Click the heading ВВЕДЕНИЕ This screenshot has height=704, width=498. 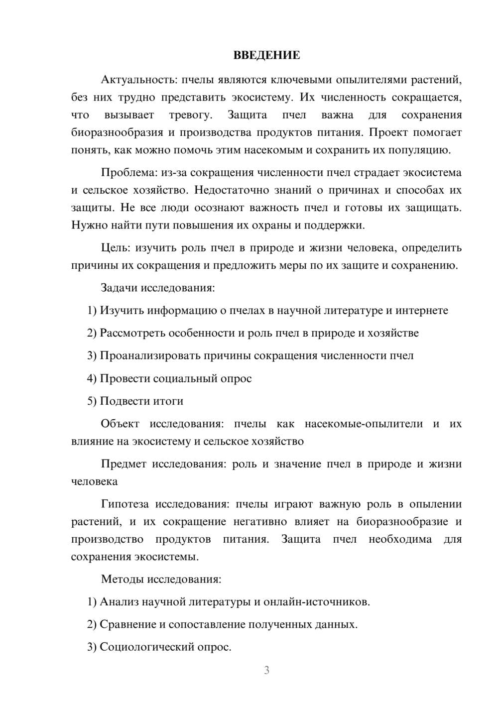click(x=266, y=55)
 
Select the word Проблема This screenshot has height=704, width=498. click(x=128, y=173)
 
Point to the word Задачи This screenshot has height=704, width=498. click(x=119, y=288)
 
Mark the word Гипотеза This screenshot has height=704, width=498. click(x=124, y=504)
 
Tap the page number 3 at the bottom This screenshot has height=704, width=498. click(x=266, y=670)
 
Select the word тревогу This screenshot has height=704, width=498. click(x=190, y=115)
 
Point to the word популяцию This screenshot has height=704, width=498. click(x=421, y=150)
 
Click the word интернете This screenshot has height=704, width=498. click(x=421, y=311)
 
